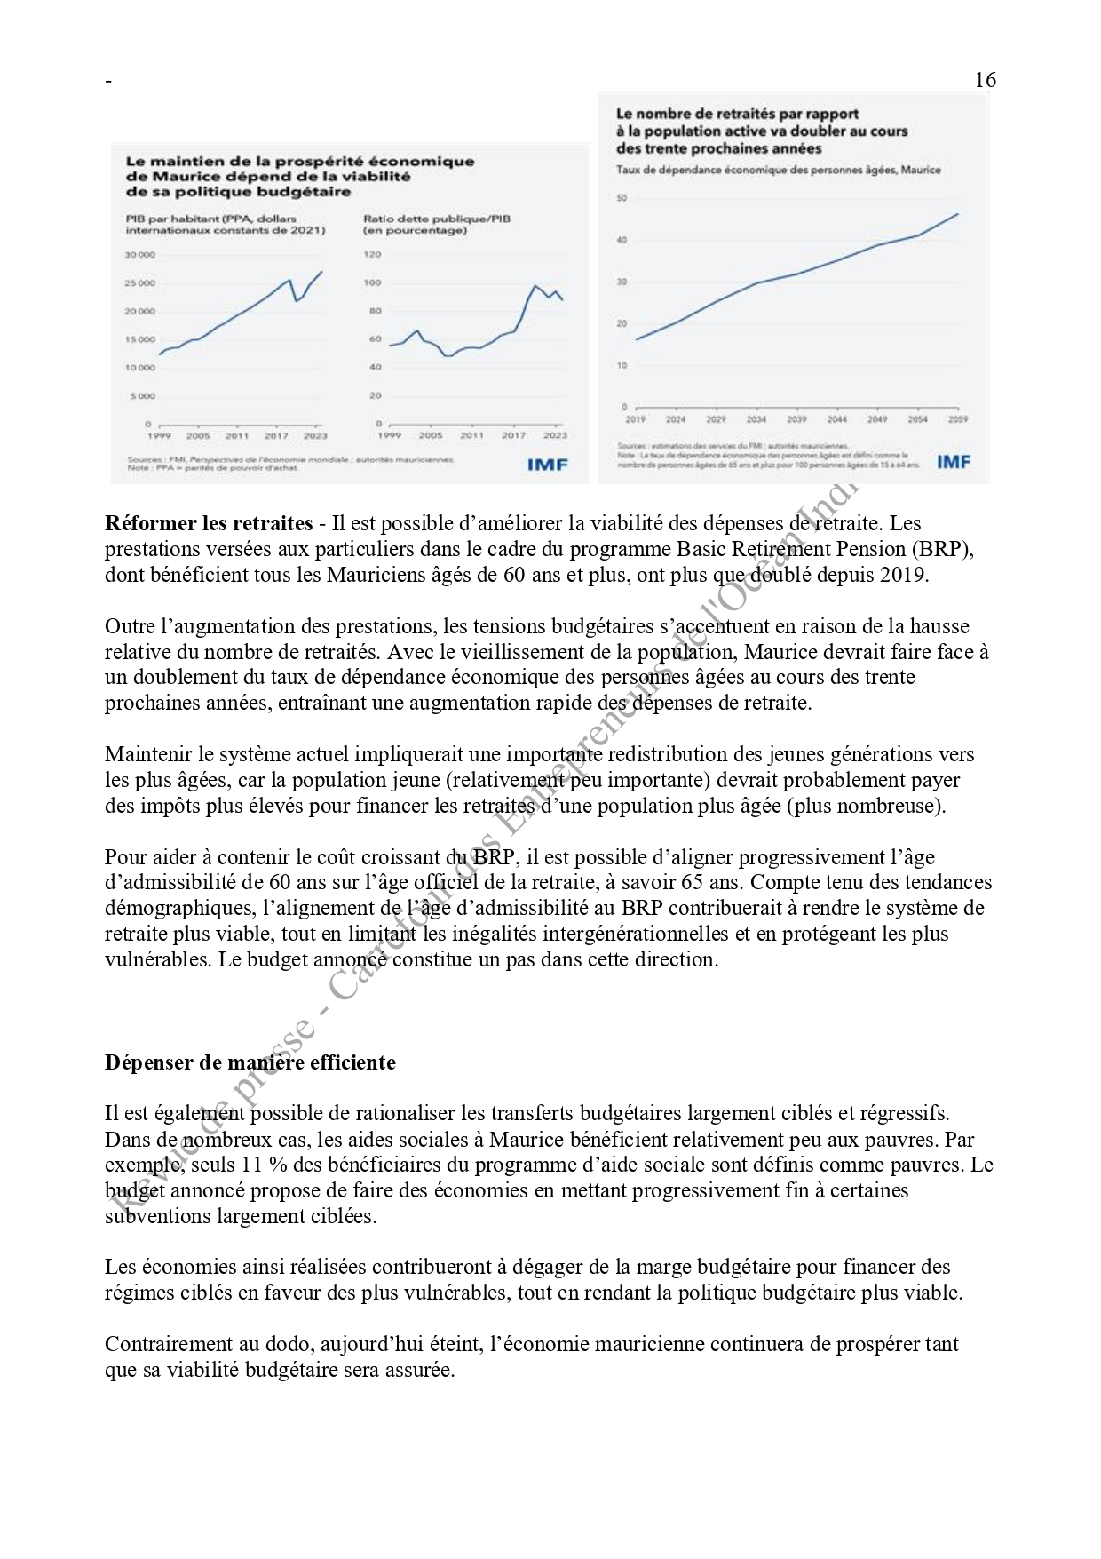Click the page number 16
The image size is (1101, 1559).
(x=985, y=80)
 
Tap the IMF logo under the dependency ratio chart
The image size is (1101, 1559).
(x=954, y=461)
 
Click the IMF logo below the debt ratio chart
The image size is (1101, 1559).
(x=547, y=464)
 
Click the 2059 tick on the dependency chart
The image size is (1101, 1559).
(x=958, y=418)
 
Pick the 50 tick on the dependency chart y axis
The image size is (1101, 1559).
(x=622, y=198)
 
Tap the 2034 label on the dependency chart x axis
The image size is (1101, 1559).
(x=756, y=418)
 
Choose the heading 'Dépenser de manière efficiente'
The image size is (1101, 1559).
(x=250, y=1062)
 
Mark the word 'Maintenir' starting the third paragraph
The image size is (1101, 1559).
(x=147, y=755)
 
